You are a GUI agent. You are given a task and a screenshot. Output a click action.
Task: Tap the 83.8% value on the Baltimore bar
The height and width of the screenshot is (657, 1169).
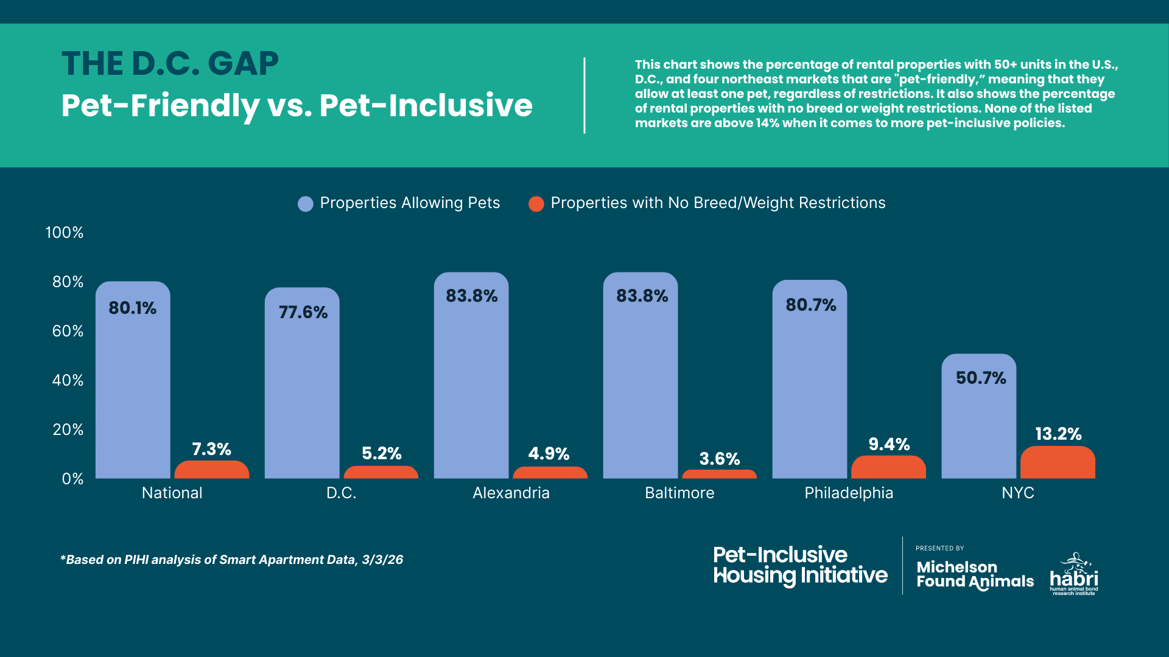coord(642,296)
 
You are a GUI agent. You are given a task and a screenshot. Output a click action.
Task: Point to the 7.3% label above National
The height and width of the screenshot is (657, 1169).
coord(211,449)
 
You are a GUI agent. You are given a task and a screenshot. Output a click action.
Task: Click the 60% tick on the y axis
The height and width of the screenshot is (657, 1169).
coord(68,331)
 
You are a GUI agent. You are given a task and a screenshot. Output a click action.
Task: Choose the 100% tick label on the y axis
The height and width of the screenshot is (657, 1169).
coord(65,232)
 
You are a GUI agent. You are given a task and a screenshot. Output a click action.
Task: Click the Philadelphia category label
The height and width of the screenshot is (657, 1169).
coord(849,493)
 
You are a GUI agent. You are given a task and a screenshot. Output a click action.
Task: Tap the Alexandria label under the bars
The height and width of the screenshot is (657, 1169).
coord(511,493)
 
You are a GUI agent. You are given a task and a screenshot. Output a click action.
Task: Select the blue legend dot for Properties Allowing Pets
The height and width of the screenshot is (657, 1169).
coord(306,204)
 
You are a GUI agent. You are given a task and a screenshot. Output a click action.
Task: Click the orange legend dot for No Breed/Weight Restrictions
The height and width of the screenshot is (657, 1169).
coord(536,204)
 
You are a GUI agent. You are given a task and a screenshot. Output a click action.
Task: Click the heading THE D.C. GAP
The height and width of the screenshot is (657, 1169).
coord(170,63)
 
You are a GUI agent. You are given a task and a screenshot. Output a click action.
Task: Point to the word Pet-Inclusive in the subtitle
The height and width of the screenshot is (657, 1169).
coord(426,105)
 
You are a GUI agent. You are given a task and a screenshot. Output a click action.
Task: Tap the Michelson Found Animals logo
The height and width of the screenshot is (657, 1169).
coord(975,574)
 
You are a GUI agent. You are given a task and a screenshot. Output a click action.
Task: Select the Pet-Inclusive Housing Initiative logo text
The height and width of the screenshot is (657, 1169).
coord(800,565)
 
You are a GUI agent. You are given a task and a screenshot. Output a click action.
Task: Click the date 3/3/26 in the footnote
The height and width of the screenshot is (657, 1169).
coord(382,560)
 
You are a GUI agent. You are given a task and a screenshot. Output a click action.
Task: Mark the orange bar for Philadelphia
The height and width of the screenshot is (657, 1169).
coord(888,467)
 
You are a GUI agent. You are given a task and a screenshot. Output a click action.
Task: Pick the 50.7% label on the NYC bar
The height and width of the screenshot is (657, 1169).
coord(980,378)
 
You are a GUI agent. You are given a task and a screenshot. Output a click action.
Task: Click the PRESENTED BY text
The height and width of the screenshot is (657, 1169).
coord(939,548)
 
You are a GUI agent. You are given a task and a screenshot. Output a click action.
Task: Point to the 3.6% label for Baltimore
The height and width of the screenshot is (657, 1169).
coord(719,459)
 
